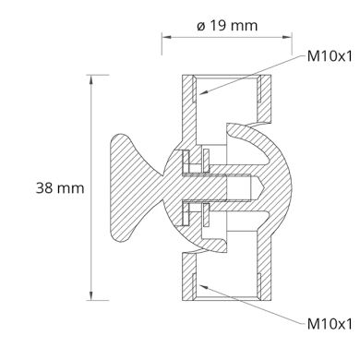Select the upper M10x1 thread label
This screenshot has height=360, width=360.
(330, 56)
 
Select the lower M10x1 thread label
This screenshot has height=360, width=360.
(330, 324)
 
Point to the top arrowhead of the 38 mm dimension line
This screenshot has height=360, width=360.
(91, 78)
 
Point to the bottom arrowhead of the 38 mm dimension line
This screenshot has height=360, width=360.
(91, 296)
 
